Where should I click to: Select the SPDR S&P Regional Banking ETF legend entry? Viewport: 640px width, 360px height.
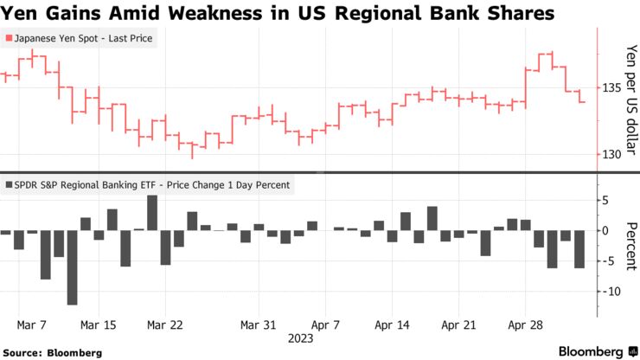[148, 184]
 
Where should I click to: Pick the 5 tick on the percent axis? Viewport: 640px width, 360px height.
[607, 201]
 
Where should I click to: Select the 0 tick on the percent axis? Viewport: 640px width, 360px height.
[607, 231]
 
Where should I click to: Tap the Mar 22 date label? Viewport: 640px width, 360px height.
[164, 325]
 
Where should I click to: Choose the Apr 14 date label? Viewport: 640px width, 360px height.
[391, 325]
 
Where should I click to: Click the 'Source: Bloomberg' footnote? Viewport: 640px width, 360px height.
[53, 352]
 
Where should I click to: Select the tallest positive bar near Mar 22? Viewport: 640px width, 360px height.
[152, 213]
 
